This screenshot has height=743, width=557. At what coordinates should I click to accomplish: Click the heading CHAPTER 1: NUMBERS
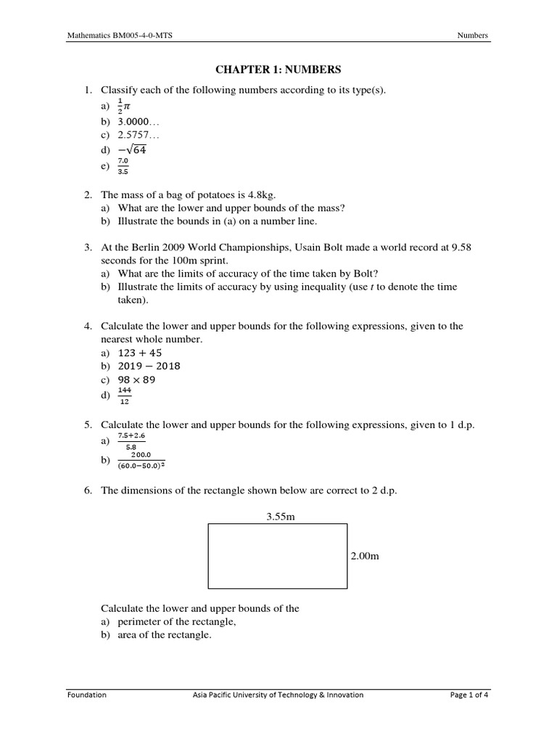(278, 70)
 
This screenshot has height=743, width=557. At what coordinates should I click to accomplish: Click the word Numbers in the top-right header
(473, 35)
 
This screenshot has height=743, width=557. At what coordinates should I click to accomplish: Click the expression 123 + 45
(143, 353)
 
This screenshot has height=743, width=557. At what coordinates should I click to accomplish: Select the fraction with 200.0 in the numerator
(146, 461)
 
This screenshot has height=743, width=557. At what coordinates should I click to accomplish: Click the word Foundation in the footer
(86, 694)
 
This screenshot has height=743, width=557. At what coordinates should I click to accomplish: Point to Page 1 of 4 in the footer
(469, 694)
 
